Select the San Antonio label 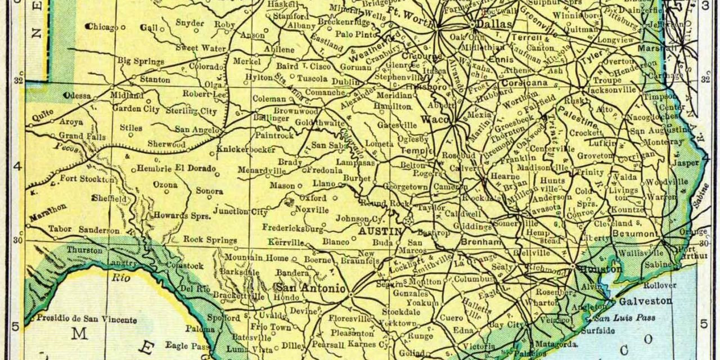pos(310,288)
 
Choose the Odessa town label pos(77,96)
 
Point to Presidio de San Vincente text pos(87,319)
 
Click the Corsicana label pos(524,83)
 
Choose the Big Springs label pos(141,61)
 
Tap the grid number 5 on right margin pos(704,324)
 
